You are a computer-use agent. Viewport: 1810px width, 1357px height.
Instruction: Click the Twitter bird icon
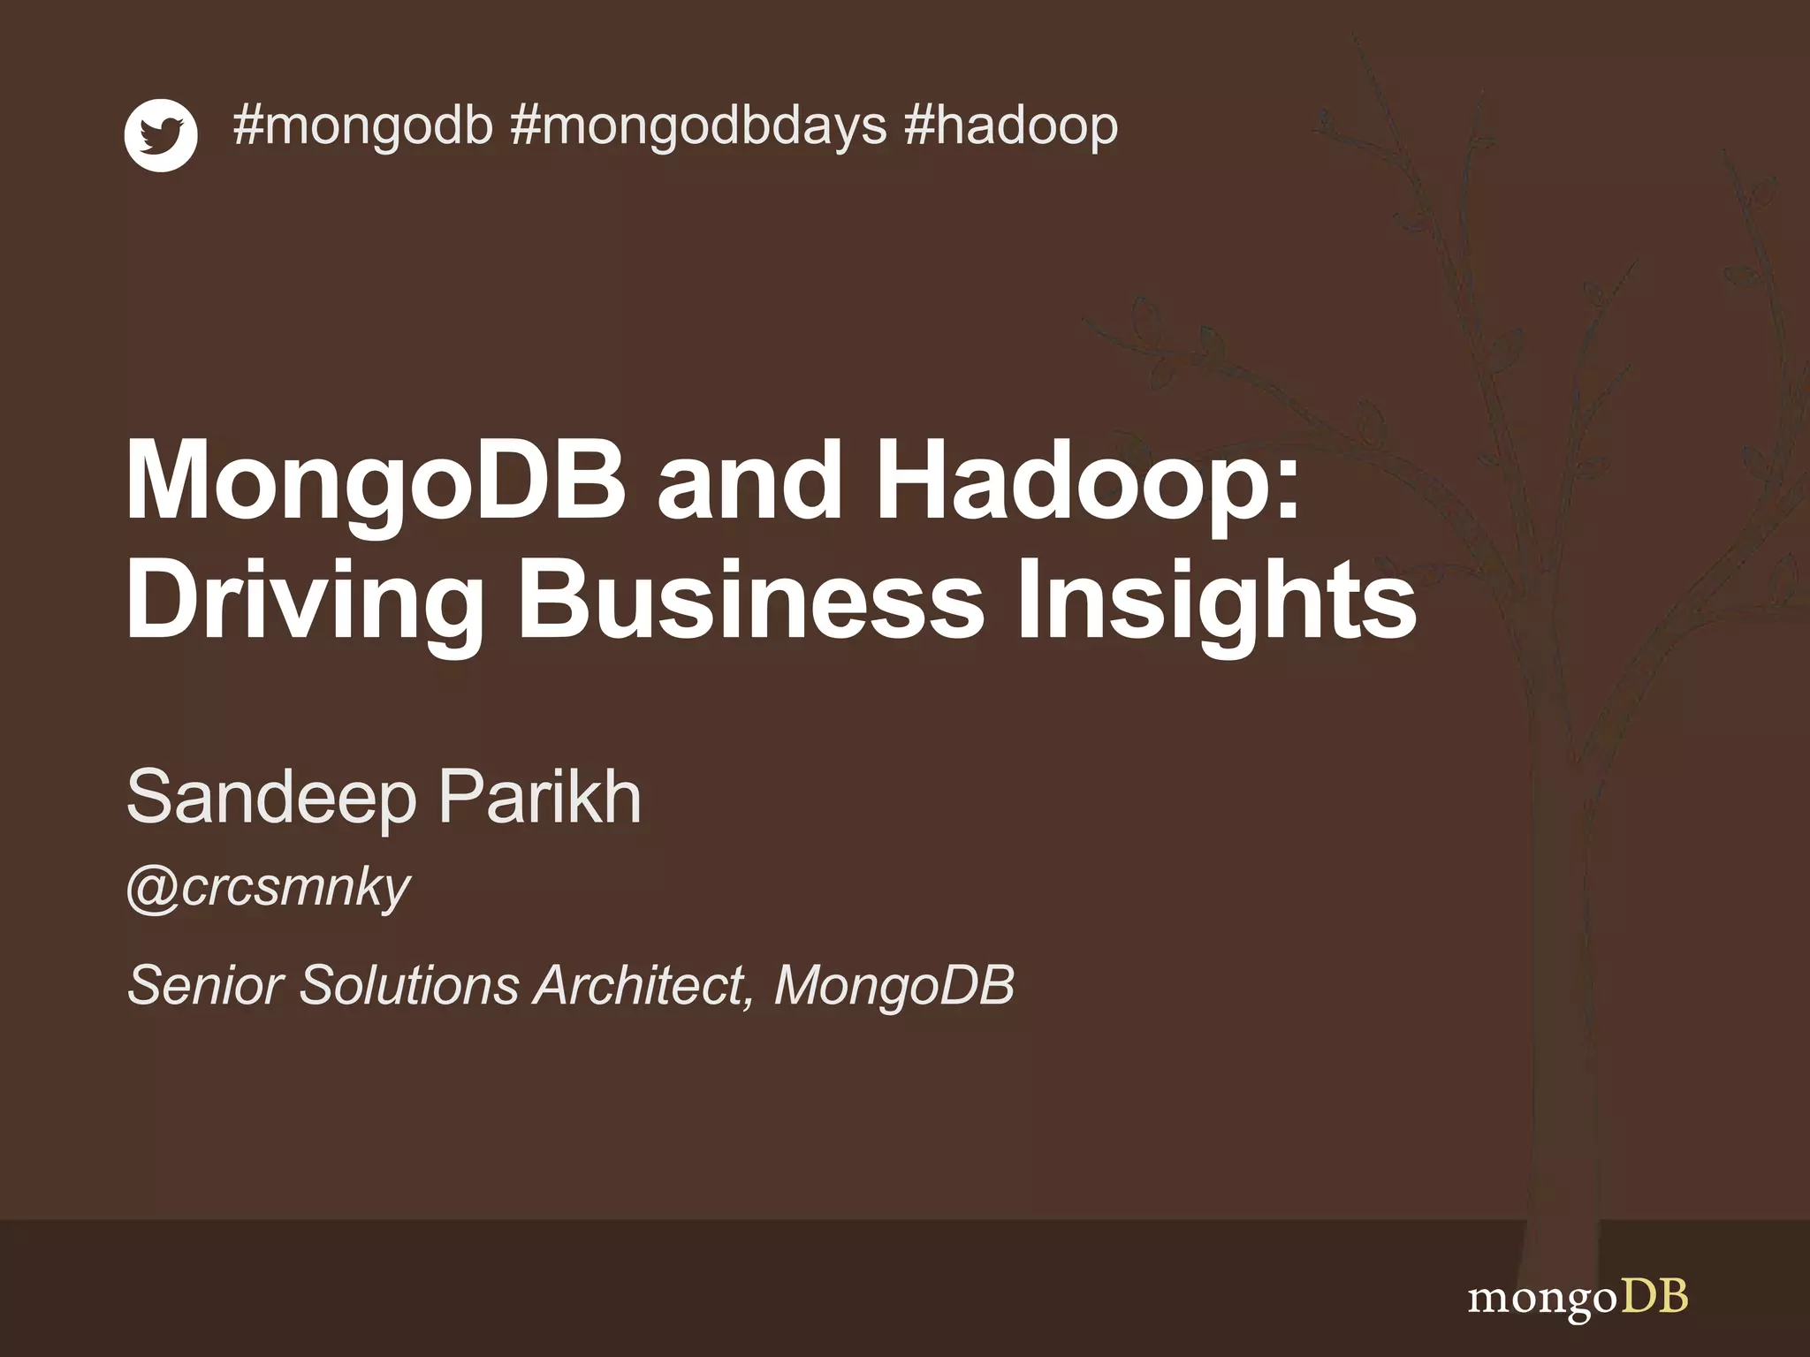161,135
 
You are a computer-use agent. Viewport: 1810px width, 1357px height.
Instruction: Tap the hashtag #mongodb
362,125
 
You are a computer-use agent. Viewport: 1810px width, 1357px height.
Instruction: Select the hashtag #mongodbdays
698,125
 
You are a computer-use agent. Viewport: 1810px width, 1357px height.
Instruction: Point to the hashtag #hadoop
1011,125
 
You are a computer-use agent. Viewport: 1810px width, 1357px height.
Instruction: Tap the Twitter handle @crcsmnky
269,888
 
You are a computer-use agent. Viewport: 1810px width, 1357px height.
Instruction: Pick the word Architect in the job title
643,984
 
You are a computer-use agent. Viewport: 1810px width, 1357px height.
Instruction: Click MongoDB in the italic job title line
894,986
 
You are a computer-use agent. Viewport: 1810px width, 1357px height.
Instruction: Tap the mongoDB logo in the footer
1577,1299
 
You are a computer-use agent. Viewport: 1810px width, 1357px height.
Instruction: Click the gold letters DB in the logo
1654,1297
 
